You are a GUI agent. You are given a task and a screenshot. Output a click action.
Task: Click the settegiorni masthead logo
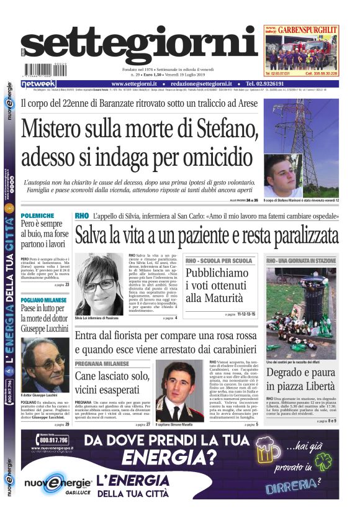tap(140, 48)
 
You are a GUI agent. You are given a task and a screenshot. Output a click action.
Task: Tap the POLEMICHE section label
tap(37, 215)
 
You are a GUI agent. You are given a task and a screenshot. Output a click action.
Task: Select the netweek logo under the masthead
tap(38, 84)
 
